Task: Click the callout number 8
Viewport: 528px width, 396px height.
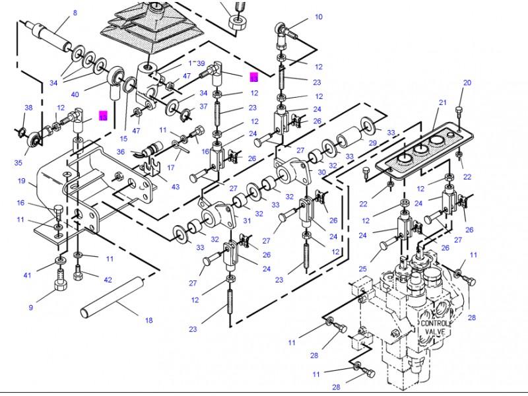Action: (x=75, y=13)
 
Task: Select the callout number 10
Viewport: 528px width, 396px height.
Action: (x=319, y=16)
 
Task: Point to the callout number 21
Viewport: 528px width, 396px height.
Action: (x=443, y=102)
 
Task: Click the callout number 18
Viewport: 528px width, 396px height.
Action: (x=148, y=320)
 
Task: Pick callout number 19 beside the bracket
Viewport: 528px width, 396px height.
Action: (x=22, y=180)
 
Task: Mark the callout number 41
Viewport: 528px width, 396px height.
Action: (x=27, y=275)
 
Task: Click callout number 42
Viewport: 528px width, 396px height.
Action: (x=108, y=279)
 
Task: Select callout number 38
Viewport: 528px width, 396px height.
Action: (x=28, y=108)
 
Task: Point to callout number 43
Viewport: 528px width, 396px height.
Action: (x=175, y=187)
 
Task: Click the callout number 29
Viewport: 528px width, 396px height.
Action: (x=372, y=143)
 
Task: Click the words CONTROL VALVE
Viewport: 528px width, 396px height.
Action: (x=434, y=328)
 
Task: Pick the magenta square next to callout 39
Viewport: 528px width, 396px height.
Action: (x=254, y=77)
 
